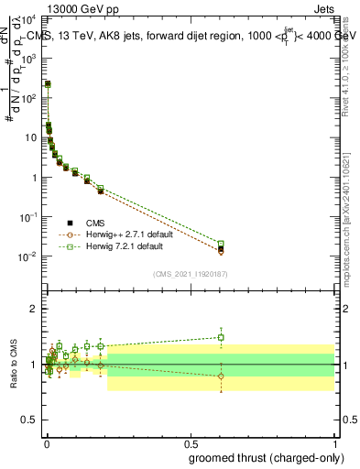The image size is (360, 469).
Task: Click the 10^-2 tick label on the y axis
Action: tap(30, 256)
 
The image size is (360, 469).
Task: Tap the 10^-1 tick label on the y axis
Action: tap(30, 217)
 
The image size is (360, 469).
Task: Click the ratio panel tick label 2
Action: tap(35, 309)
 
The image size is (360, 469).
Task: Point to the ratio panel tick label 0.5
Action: tap(30, 420)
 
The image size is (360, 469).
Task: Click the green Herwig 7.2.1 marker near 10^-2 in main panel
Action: tap(221, 244)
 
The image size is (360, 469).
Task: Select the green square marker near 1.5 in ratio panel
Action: tap(221, 337)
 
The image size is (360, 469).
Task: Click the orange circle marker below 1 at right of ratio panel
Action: tap(221, 376)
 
